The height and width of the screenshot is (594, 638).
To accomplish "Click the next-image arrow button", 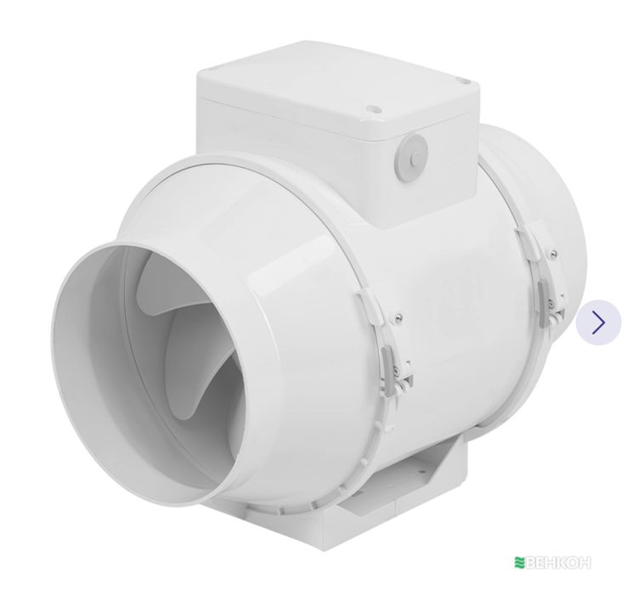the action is pos(598,322).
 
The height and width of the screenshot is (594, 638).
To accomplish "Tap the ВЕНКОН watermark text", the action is pos(558,563).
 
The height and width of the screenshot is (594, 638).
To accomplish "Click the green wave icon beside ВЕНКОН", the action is pos(519,563).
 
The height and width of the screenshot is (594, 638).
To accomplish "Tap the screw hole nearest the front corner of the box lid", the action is pos(372,109).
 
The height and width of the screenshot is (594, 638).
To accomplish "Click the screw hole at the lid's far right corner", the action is pos(460,81).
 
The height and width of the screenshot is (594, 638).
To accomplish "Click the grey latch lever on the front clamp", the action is pos(386,366).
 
